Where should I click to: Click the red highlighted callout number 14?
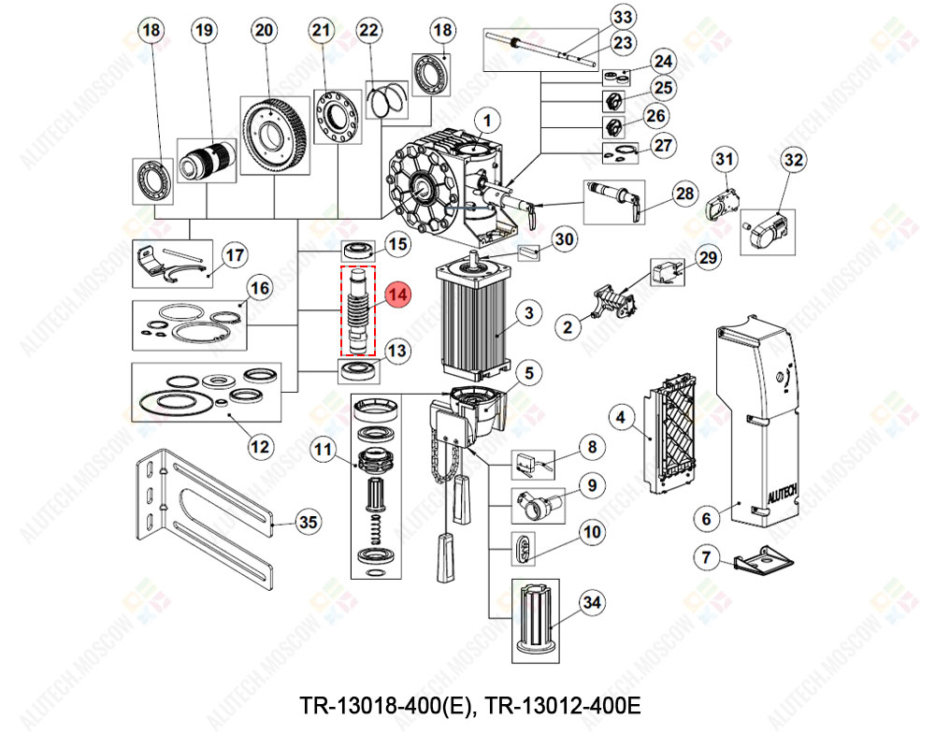tap(398, 295)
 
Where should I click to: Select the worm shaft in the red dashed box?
tap(358, 310)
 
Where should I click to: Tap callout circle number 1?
tap(487, 121)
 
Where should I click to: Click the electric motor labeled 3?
tap(473, 317)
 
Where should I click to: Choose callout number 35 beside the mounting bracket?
tap(309, 522)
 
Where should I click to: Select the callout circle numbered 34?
tap(592, 602)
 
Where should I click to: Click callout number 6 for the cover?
tap(707, 518)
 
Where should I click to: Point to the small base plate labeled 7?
tap(763, 561)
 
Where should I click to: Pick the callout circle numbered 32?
tap(794, 160)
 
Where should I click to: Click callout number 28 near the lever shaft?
tap(684, 194)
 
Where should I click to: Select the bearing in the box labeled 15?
tap(358, 251)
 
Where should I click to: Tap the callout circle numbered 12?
tap(260, 447)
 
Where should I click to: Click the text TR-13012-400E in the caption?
tap(562, 706)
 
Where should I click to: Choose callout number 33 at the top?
tap(623, 17)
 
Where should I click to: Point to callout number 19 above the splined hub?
tap(205, 30)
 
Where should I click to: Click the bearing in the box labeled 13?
tap(358, 370)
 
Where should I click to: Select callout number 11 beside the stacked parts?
tap(324, 449)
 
